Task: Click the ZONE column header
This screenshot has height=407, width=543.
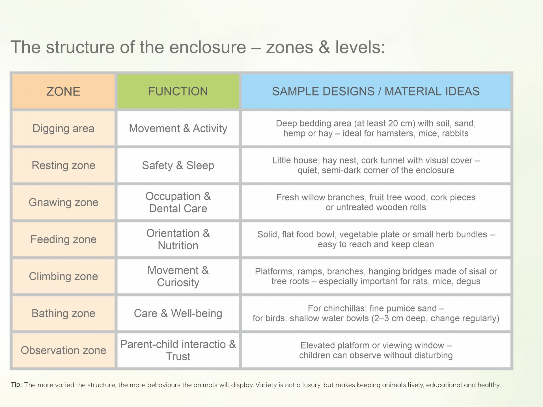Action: tap(63, 92)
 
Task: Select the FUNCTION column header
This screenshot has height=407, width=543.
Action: tap(178, 92)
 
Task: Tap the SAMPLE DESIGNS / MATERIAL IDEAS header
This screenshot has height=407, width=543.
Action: tap(376, 92)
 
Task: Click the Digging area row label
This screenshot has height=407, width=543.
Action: tap(63, 129)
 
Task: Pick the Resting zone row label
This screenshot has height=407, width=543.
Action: tap(63, 166)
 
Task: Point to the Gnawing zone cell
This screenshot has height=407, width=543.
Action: tap(63, 203)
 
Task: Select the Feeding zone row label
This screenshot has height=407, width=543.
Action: tap(63, 240)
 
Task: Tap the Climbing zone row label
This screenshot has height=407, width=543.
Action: tap(63, 277)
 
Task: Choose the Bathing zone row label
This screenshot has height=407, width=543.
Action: tap(63, 314)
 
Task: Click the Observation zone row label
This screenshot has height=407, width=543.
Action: tap(63, 350)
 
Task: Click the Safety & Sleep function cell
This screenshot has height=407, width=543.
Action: tap(178, 166)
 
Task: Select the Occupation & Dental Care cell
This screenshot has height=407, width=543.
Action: tap(178, 202)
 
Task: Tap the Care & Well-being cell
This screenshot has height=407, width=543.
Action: tap(178, 314)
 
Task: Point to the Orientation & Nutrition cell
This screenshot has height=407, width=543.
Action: tap(178, 239)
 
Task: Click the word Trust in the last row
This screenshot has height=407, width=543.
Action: tap(178, 357)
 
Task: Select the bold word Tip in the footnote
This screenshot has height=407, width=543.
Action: tap(16, 385)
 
